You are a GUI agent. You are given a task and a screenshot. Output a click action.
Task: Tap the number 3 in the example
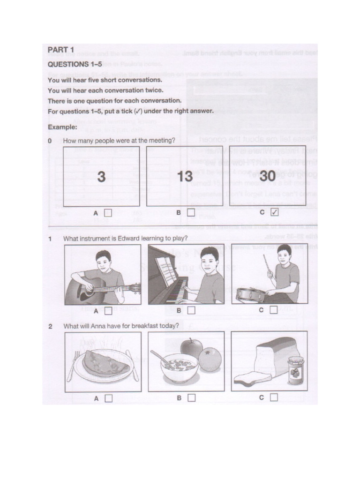(101, 177)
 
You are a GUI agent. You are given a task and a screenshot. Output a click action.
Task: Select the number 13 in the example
(185, 177)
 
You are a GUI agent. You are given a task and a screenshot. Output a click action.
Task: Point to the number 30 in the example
(268, 177)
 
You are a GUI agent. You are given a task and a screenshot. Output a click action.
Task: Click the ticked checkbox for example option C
(274, 212)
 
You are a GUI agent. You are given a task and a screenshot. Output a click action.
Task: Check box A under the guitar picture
(108, 310)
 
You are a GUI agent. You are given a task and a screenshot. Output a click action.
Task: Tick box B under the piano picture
(191, 310)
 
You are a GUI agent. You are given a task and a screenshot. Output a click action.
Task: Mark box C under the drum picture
(274, 310)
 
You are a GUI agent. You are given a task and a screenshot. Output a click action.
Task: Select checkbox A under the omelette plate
(108, 398)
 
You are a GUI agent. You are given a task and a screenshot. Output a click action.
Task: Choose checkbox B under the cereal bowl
(191, 398)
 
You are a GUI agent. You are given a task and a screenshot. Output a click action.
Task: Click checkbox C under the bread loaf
(274, 398)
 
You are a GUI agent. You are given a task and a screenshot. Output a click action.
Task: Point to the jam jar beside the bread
(295, 370)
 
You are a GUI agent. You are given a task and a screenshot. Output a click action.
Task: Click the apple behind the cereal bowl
(191, 348)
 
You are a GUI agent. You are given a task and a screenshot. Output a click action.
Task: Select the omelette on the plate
(105, 363)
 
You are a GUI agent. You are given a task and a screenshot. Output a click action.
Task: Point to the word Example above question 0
(62, 127)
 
